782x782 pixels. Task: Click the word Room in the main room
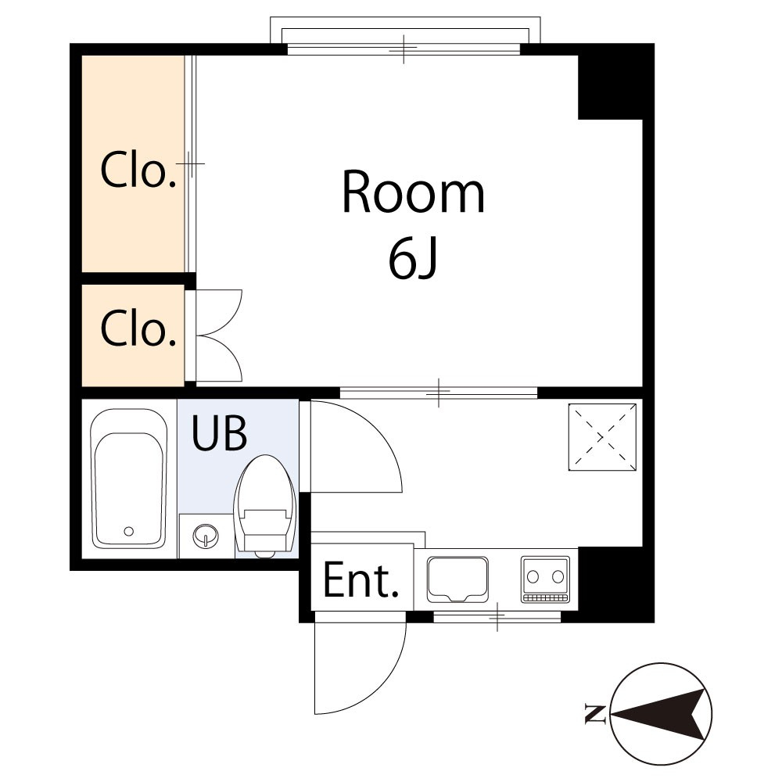coord(413,192)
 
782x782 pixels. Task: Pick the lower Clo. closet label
coord(138,327)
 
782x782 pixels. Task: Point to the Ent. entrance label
coord(361,579)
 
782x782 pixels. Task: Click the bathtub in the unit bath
coord(129,479)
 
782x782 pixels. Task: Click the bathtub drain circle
coord(129,531)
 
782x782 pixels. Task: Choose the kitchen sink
coord(457,579)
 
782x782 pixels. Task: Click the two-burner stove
coord(545,579)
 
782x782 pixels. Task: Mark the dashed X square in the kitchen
coord(602,437)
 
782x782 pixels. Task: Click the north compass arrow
coord(659,714)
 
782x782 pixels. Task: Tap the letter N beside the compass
coord(595,714)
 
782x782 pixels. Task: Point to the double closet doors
coord(218,335)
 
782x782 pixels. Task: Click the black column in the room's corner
coord(610,88)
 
